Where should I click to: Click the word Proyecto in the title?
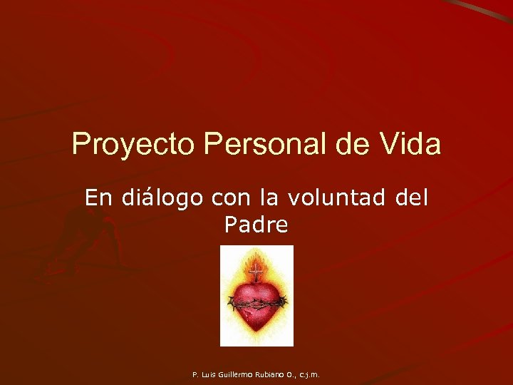(x=134, y=145)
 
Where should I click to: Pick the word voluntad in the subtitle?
(x=337, y=197)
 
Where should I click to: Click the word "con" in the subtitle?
(x=228, y=197)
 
